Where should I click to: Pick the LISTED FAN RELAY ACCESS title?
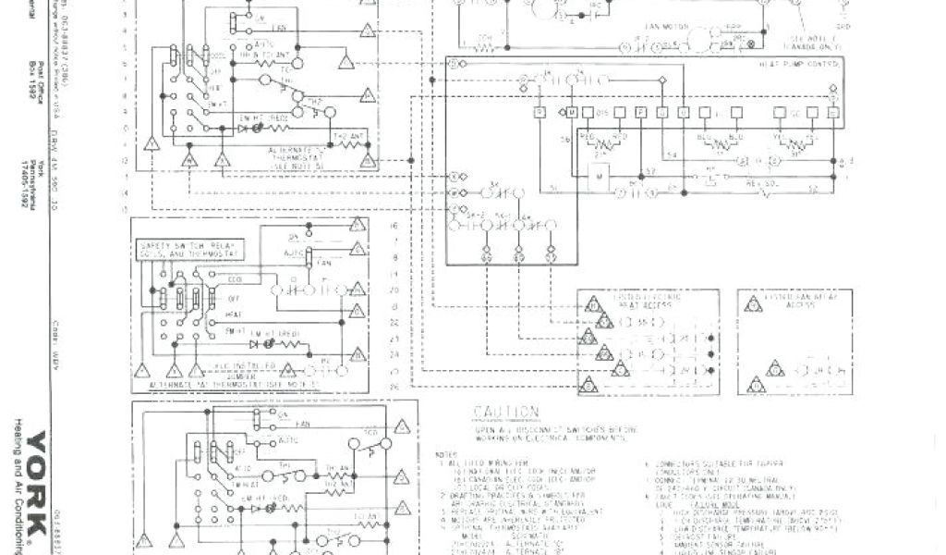pos(782,302)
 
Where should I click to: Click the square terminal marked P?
pos(641,113)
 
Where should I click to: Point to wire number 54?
pos(672,154)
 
